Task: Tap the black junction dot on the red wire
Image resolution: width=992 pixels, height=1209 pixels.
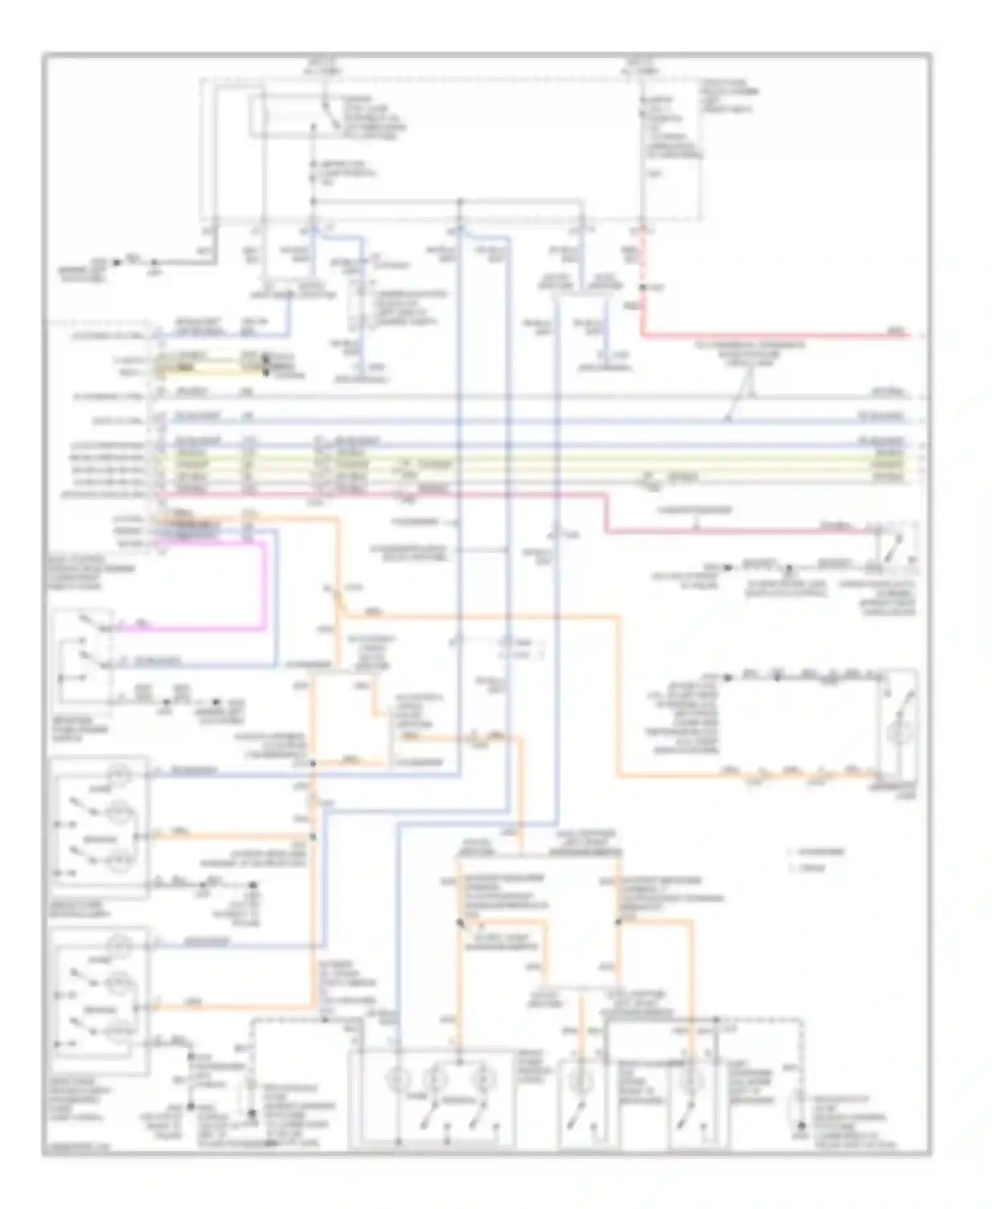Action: coord(641,287)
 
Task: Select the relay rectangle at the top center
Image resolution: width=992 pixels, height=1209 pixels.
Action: coord(291,118)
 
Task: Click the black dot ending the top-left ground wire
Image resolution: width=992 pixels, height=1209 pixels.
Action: coord(116,263)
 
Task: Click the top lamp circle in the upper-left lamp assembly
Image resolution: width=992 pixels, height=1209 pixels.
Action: coord(120,772)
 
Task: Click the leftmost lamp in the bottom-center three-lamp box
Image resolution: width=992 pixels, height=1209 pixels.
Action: coord(399,1079)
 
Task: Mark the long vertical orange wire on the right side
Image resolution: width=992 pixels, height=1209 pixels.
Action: coord(620,694)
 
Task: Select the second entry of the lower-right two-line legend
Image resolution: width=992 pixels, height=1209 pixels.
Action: coord(811,868)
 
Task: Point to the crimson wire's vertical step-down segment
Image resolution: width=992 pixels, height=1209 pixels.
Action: coord(604,513)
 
